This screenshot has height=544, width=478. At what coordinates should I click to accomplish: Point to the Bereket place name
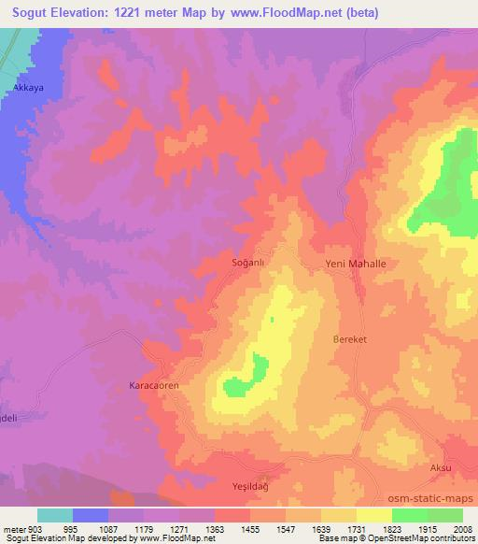[351, 340]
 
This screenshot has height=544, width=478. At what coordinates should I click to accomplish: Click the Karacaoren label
[153, 385]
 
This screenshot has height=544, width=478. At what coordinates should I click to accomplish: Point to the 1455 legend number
[250, 528]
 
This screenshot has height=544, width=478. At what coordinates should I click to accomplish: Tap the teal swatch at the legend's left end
[55, 515]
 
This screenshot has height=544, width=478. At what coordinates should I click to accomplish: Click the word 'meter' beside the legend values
[14, 528]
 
